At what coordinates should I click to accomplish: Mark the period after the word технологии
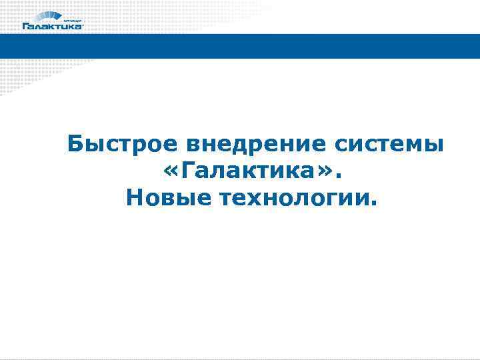[x=373, y=204]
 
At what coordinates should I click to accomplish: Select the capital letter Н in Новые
[x=133, y=198]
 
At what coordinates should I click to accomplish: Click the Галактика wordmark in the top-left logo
[x=53, y=27]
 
